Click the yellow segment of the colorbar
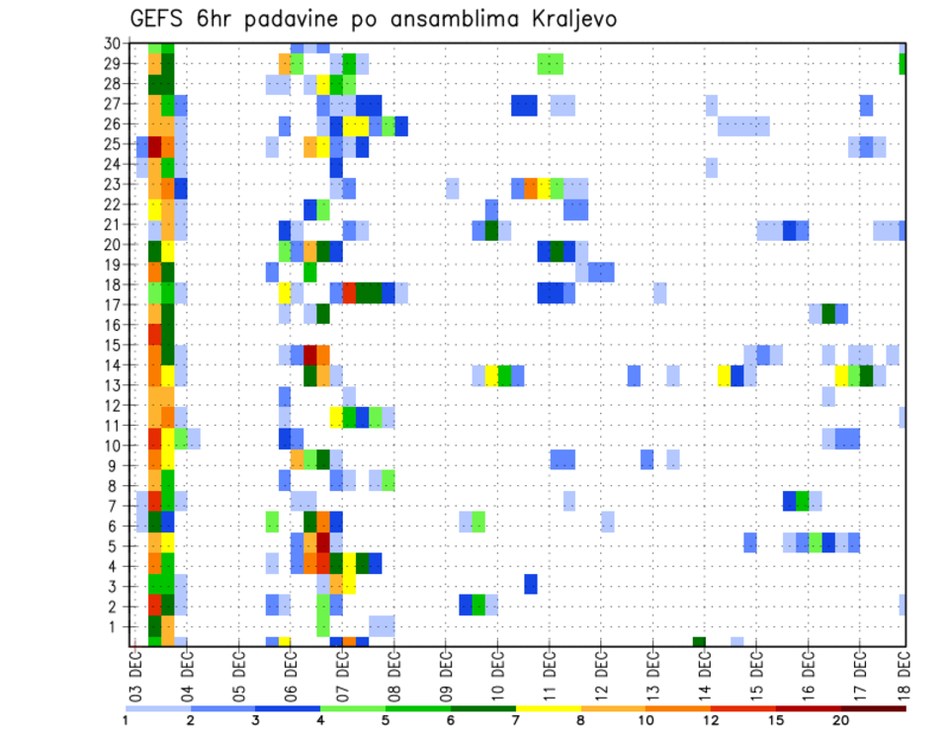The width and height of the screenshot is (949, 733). tap(549, 707)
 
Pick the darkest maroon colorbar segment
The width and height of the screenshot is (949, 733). tap(874, 707)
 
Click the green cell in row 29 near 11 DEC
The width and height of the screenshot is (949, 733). tap(550, 64)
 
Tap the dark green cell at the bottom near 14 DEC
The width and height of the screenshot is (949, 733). tap(699, 642)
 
